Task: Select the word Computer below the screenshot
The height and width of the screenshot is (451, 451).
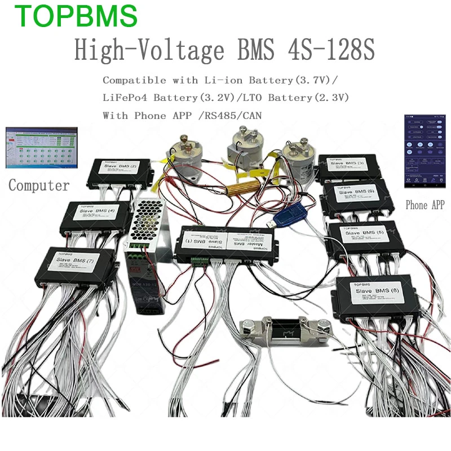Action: tap(39, 185)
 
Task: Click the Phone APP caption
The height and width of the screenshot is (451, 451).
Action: tap(425, 205)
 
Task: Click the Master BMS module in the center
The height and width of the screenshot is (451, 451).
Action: tap(225, 243)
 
